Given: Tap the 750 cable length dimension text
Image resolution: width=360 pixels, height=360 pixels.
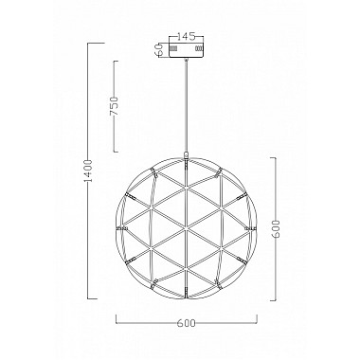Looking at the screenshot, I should point(114,104).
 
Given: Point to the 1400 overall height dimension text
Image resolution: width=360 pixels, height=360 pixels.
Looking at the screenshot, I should point(87,170).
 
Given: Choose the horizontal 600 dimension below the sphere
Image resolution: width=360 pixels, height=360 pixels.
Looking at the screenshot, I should point(186,323).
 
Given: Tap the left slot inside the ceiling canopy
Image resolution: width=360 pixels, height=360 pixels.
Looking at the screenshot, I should point(174,46).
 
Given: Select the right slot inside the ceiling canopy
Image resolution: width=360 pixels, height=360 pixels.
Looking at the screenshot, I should point(197,46).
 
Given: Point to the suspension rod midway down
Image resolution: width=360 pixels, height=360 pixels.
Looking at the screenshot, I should point(186,104).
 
